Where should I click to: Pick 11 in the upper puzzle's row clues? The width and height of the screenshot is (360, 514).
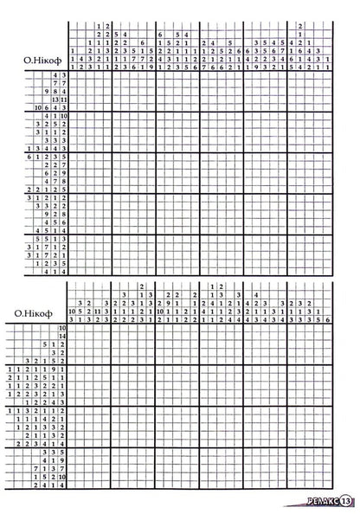tap(64, 100)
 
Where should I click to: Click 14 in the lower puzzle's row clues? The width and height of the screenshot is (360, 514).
tap(62, 336)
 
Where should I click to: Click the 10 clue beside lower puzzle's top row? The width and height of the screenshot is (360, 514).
tap(62, 328)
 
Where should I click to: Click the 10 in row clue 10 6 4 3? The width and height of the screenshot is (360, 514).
tap(38, 107)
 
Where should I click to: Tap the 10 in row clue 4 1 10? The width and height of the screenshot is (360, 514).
tap(64, 115)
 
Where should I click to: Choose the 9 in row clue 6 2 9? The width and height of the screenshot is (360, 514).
tap(64, 173)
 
